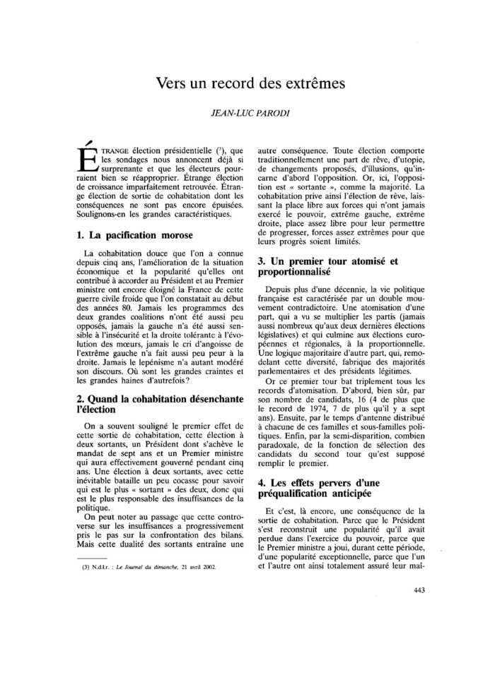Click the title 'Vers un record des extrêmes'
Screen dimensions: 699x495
click(x=250, y=84)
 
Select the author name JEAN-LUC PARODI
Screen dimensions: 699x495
click(x=250, y=113)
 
